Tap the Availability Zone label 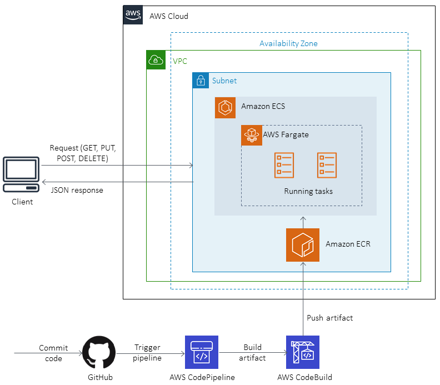coord(288,43)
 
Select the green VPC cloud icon coord(156,60)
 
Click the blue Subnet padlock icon coord(201,81)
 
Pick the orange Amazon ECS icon coord(225,107)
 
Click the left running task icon coord(284,166)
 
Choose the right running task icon coord(327,166)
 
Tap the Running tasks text coord(308,192)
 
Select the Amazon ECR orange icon coord(303,244)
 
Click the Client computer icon coord(21,175)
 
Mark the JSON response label coord(77,191)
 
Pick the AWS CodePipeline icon coord(202,353)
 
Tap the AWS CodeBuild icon coord(303,353)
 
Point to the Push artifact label coord(329,318)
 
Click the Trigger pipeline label coord(148,353)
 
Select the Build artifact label coord(252,353)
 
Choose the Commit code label coord(53,353)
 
